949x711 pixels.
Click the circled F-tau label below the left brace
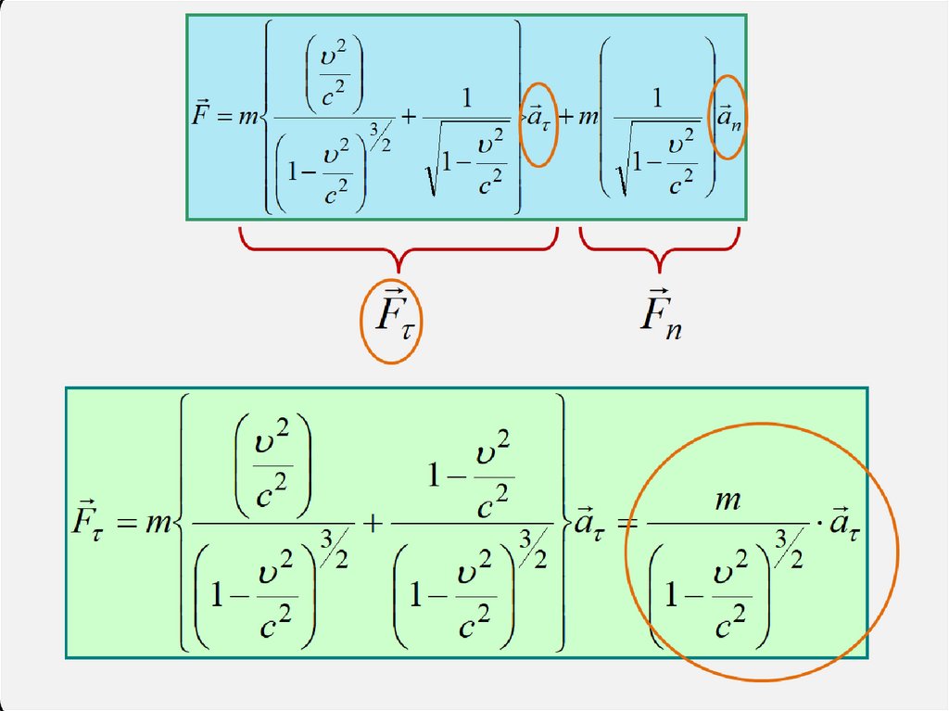tap(391, 320)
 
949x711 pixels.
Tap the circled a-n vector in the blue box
tap(728, 118)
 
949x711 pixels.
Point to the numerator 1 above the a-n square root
tap(657, 99)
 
